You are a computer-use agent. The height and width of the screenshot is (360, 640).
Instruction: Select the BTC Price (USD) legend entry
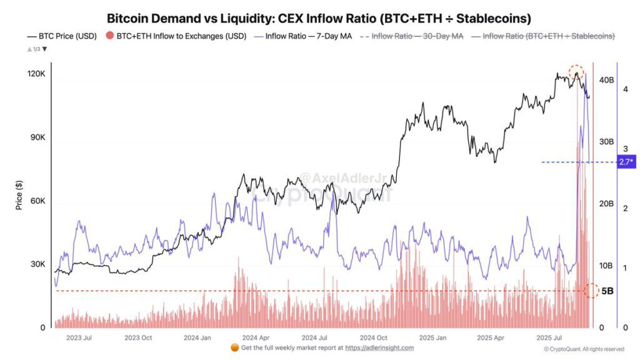62,36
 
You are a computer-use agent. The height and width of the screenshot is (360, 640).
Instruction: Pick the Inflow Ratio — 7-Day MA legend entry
303,36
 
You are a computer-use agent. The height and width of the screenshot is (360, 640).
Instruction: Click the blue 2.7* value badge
625,162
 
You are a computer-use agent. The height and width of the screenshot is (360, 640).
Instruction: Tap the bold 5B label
607,291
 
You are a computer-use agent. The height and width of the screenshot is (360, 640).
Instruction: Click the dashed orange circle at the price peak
576,72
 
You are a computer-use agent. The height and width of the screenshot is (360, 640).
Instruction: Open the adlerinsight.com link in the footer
379,347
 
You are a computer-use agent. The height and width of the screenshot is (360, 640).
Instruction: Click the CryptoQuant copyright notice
584,349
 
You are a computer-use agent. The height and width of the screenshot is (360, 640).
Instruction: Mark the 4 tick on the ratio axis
625,89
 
